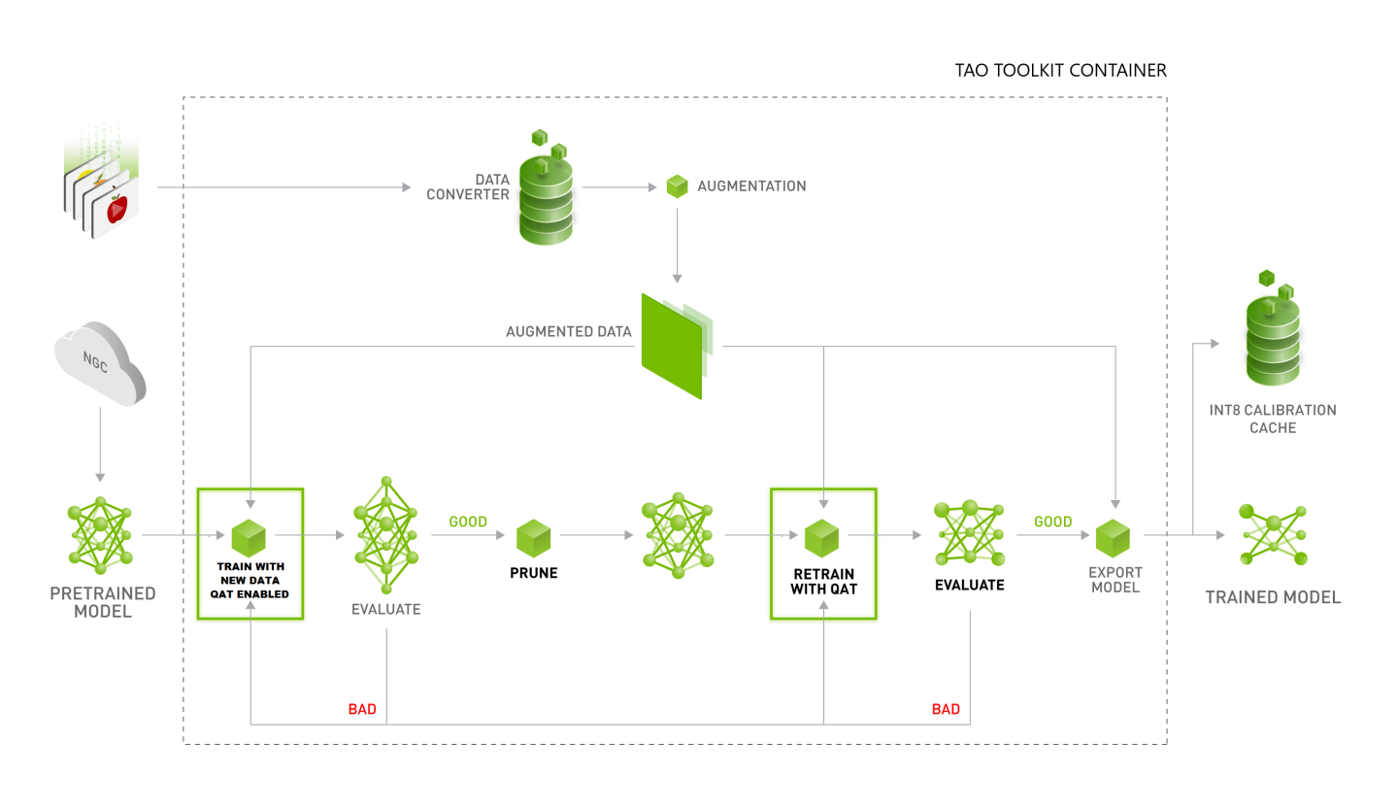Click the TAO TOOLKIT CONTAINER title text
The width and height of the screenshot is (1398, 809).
[1060, 71]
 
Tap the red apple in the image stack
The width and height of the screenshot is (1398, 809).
[117, 208]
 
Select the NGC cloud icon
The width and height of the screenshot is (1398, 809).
[100, 363]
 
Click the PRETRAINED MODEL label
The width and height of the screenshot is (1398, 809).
[102, 602]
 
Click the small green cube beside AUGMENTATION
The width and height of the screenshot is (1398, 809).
[677, 186]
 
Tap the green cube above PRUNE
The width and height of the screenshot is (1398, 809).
[533, 537]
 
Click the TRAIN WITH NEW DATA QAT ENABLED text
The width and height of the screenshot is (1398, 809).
[250, 579]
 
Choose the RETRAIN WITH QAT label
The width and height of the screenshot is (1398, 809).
[822, 579]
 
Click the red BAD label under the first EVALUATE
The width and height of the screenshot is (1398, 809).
[362, 709]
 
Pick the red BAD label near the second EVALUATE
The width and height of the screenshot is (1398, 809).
[946, 709]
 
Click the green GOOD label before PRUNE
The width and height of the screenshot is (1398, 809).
[468, 522]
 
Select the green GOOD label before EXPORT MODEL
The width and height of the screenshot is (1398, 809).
[1052, 522]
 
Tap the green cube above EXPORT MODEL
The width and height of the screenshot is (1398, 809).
[1113, 537]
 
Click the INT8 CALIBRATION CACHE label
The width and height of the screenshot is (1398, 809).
[1273, 419]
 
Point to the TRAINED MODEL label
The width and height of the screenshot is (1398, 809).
[1273, 597]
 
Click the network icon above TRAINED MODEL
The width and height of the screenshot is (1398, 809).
[1274, 535]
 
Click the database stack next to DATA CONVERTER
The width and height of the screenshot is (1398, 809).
[546, 194]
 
